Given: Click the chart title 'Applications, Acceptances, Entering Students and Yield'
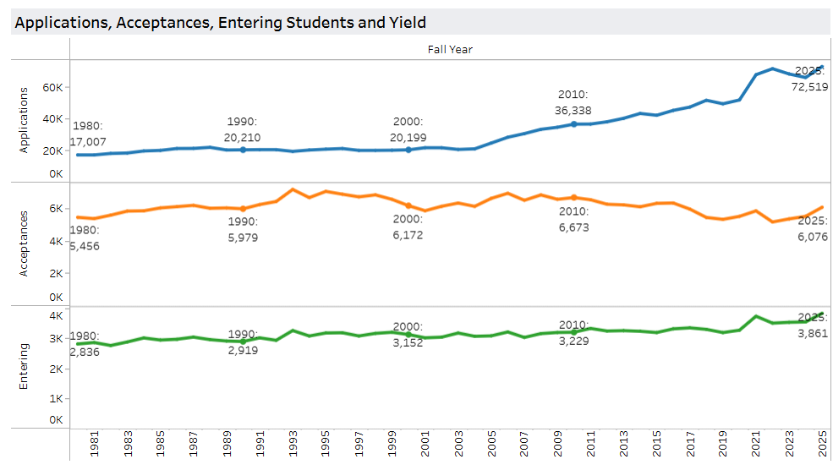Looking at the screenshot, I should click(x=220, y=23).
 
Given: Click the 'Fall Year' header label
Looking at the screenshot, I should click(x=450, y=49).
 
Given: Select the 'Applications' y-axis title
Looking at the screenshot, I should click(x=24, y=119).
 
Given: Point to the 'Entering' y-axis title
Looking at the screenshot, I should click(x=24, y=366).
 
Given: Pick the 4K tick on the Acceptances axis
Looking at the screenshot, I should click(x=56, y=241).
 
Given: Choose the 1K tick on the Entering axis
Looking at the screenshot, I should click(x=56, y=398).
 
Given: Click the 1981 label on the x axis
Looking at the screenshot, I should click(x=95, y=445).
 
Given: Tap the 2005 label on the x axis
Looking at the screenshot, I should click(x=490, y=445).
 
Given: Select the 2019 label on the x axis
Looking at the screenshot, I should click(x=722, y=445).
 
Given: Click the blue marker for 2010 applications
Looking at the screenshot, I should click(x=573, y=124).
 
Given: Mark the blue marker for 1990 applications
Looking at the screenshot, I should click(x=243, y=150).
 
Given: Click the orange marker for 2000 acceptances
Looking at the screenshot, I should click(x=408, y=205).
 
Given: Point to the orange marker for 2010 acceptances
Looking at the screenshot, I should click(x=573, y=198).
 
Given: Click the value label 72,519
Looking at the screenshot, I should click(x=808, y=86).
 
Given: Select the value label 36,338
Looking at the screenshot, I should click(x=573, y=111).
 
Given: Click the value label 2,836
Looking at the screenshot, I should click(x=85, y=352).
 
